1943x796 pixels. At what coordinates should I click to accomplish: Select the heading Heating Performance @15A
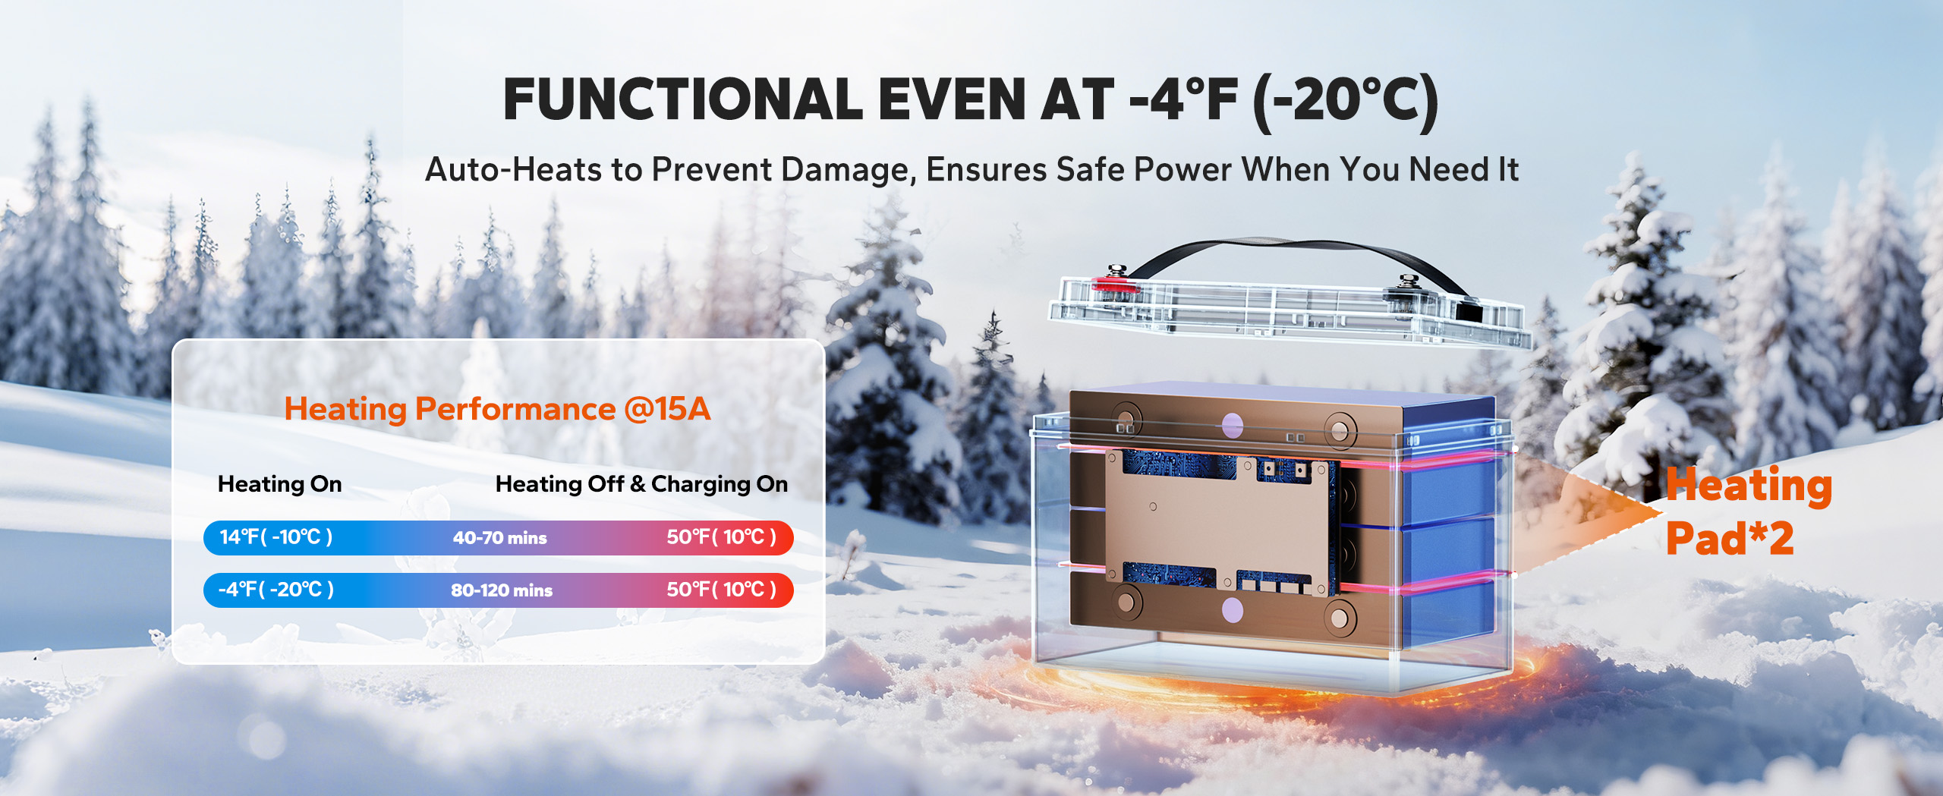click(497, 409)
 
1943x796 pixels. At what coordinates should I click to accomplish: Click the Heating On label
click(279, 484)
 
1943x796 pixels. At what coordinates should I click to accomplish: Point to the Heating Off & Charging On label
click(641, 484)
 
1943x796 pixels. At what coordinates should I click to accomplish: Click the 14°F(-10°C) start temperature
click(276, 537)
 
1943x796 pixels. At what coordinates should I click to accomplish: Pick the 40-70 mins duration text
click(499, 538)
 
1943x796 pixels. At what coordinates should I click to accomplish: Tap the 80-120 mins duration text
click(502, 590)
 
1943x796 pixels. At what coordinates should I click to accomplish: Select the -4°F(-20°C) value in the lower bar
click(276, 590)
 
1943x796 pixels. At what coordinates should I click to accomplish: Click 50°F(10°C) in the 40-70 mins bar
click(721, 537)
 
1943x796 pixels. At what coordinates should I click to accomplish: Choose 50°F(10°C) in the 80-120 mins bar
click(721, 590)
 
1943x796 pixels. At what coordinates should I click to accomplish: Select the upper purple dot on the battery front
click(1233, 426)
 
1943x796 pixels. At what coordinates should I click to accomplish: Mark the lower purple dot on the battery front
click(1233, 609)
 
